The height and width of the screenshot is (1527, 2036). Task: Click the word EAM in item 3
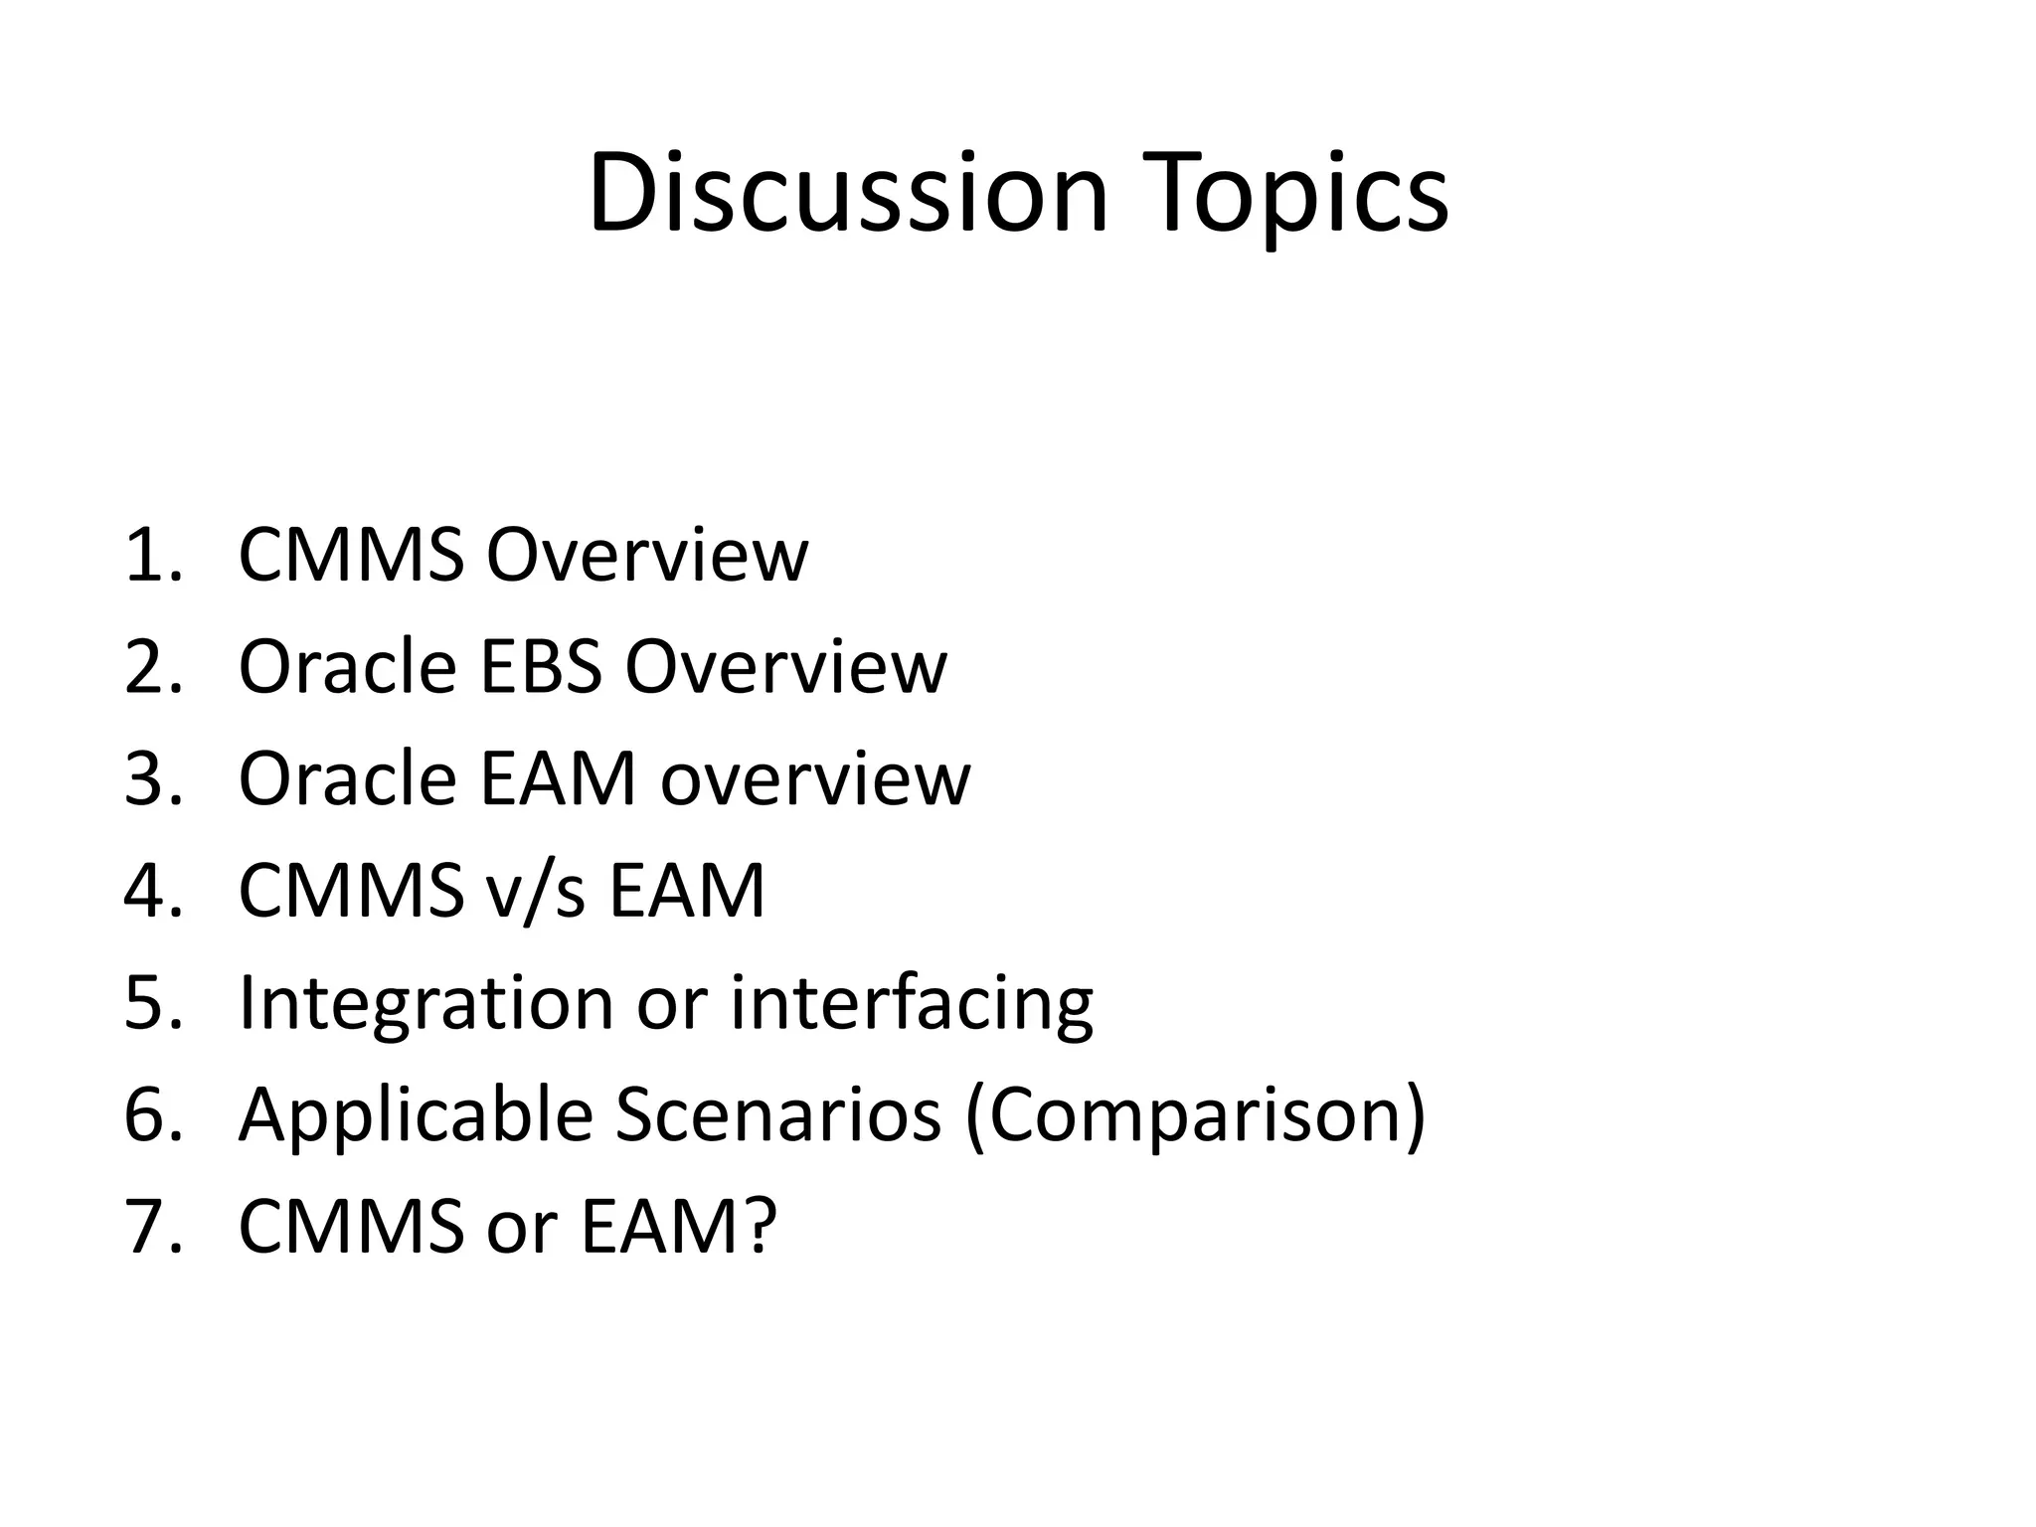click(x=557, y=778)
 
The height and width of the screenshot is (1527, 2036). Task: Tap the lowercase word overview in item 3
click(x=815, y=778)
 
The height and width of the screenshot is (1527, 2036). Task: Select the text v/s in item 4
click(x=536, y=890)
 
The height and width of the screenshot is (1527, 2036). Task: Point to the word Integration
click(x=425, y=1002)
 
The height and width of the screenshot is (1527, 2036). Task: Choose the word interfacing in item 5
click(x=912, y=1002)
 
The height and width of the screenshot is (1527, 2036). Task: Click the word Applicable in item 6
click(x=416, y=1114)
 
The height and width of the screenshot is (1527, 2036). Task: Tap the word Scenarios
click(x=777, y=1114)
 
